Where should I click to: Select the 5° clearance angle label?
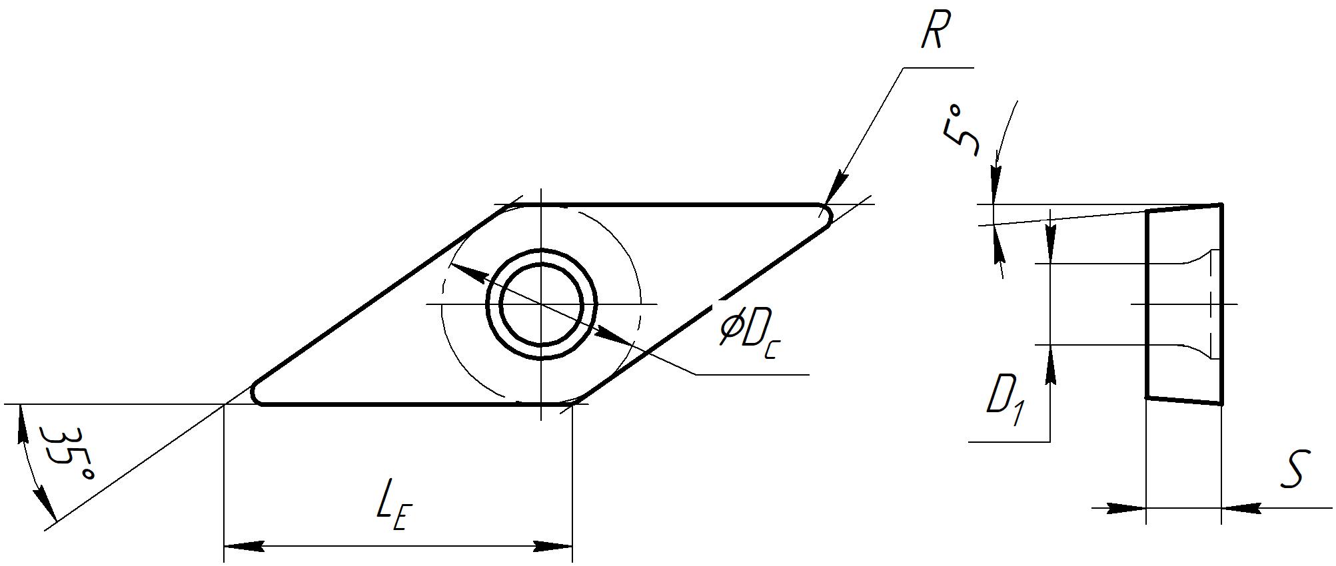click(962, 129)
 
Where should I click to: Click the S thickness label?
click(1295, 469)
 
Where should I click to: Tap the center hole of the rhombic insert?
click(542, 304)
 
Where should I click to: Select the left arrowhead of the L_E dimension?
click(244, 547)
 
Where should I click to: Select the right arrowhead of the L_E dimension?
click(552, 547)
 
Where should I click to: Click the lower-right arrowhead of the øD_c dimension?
click(614, 336)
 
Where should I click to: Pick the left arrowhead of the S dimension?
click(1126, 508)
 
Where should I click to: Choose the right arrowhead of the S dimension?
click(1241, 508)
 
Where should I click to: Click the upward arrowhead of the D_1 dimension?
click(1051, 366)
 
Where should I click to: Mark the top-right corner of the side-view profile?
click(1221, 204)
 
